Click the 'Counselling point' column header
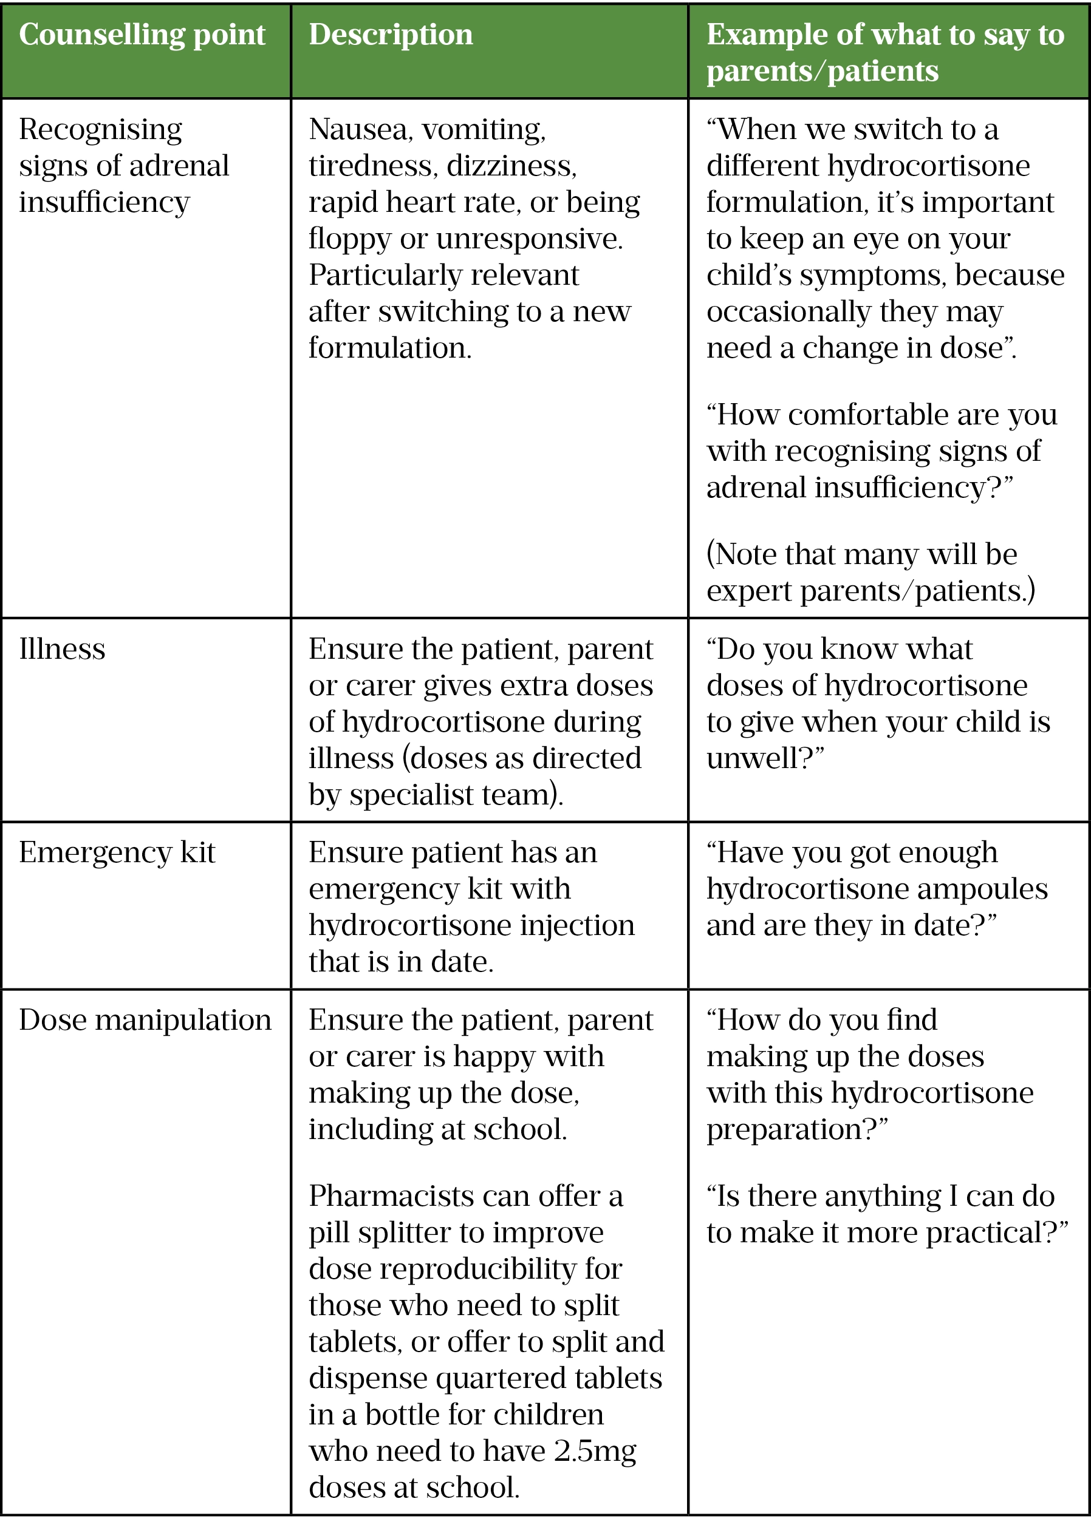(142, 35)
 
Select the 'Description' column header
(391, 35)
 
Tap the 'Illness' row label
(62, 649)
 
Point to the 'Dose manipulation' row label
(145, 1020)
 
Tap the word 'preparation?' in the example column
(797, 1129)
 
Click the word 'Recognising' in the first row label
(100, 129)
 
